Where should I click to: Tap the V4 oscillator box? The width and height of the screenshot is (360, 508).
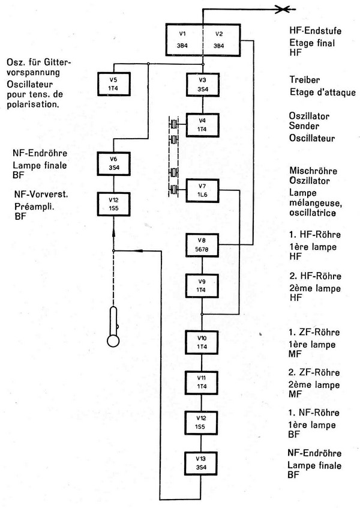(203, 125)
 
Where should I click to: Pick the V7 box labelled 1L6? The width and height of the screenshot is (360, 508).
(203, 191)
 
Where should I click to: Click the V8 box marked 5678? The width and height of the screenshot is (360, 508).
(203, 244)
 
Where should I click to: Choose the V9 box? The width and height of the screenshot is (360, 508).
(203, 285)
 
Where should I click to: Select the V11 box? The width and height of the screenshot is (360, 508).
(203, 381)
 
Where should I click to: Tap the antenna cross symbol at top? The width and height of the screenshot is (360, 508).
(283, 8)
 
